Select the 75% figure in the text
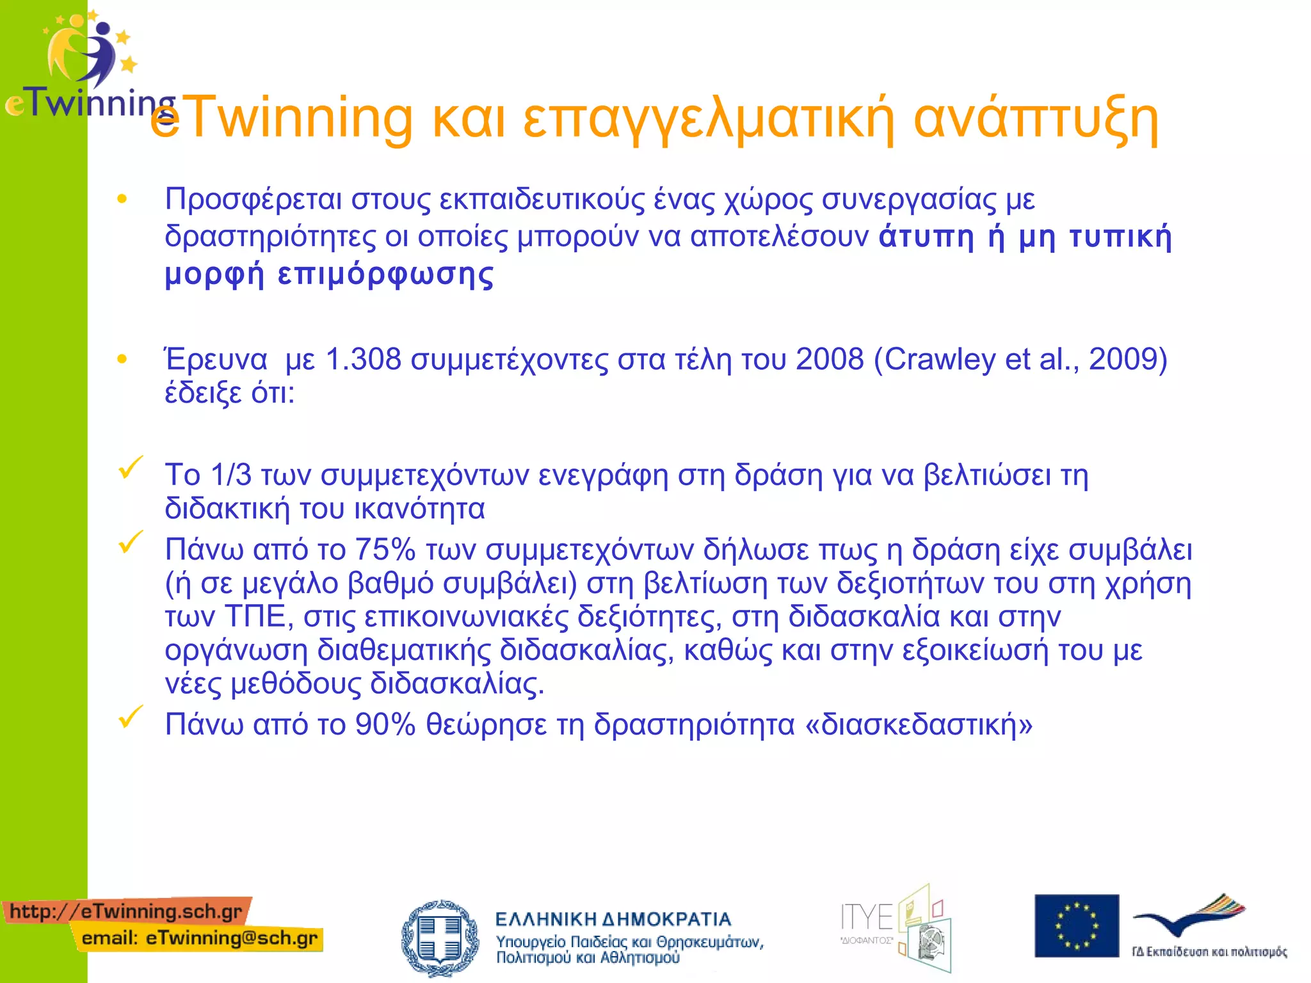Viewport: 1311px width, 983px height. tap(385, 549)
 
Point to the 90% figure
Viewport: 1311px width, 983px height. tap(385, 724)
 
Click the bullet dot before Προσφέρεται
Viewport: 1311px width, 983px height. tap(122, 200)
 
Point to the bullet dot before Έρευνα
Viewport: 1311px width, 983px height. tap(122, 360)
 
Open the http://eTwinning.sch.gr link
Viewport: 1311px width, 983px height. tap(126, 911)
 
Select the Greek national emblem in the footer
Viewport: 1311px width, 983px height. tap(440, 938)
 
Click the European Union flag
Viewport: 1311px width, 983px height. tap(1077, 925)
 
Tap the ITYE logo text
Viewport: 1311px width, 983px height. tap(866, 918)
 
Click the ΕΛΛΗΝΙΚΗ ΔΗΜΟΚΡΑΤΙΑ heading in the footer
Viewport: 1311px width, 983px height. tap(613, 920)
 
